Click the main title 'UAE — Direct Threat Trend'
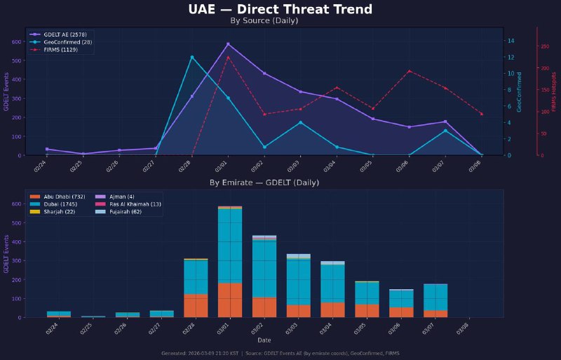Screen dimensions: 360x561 280,9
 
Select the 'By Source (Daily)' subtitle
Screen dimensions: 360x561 264,21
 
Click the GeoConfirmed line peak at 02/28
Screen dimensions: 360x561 192,57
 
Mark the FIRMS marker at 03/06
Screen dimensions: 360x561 409,71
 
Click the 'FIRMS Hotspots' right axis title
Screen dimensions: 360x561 554,91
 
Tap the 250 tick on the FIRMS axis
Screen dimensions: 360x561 544,46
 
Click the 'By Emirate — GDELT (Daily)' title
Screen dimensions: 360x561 264,182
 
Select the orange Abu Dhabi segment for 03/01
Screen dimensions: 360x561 229,300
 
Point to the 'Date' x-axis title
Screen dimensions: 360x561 264,340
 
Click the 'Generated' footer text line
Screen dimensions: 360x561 280,353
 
